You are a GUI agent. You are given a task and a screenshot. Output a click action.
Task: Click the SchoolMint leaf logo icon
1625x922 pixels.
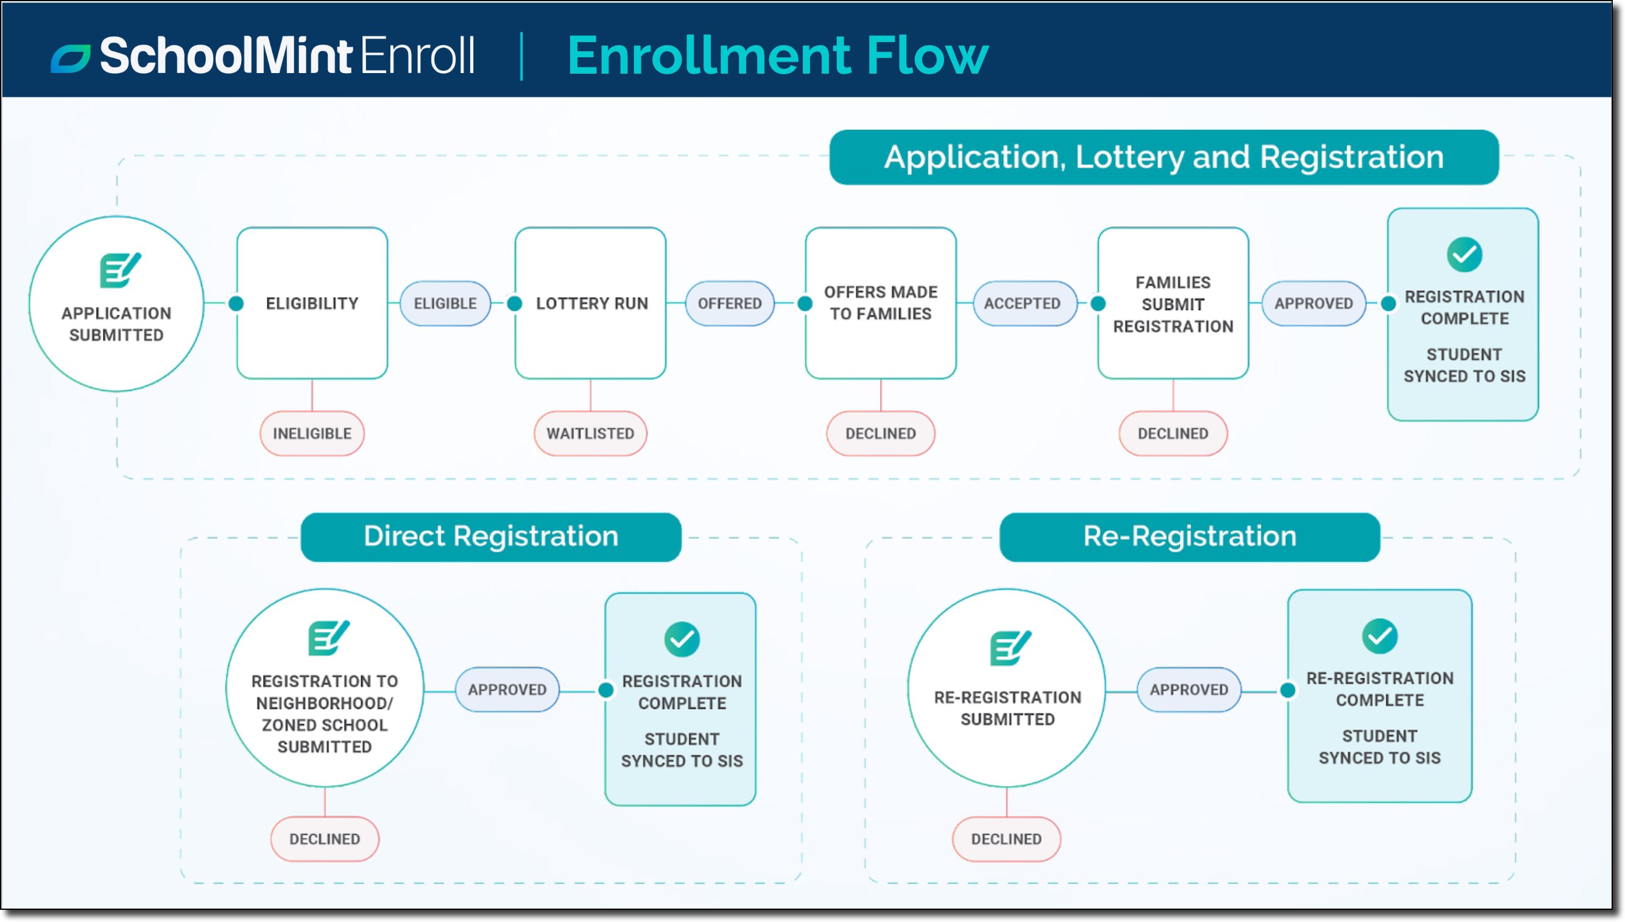(70, 58)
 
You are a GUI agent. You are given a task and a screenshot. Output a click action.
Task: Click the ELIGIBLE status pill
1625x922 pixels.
(445, 303)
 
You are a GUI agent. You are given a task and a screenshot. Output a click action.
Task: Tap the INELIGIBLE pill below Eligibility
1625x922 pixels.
(312, 433)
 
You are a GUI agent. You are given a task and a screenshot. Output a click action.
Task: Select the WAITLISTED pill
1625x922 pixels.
(590, 433)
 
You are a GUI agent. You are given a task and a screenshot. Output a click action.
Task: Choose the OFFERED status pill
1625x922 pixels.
(730, 303)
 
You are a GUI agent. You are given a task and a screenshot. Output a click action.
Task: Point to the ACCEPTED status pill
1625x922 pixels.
(1022, 303)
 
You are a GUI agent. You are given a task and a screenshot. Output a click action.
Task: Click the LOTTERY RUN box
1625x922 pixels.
(591, 303)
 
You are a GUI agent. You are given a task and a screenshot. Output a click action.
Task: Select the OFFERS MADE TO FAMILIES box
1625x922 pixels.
(880, 303)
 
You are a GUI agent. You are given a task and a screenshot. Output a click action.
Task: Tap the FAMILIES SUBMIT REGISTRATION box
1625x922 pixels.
(1173, 303)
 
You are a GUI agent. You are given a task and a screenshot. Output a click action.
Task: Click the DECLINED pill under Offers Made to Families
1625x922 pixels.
(880, 433)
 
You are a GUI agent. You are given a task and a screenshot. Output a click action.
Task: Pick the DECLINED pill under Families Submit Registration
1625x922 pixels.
(1173, 433)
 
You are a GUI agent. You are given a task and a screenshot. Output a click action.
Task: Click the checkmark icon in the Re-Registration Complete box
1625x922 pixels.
(1380, 636)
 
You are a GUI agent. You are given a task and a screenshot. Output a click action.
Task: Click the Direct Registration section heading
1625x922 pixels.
(491, 537)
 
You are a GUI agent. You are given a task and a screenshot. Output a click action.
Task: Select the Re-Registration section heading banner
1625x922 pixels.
(1190, 537)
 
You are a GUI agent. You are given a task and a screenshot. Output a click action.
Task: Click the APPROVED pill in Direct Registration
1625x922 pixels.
(507, 689)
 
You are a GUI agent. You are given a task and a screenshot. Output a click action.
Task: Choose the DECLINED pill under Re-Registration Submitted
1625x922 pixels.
(1006, 839)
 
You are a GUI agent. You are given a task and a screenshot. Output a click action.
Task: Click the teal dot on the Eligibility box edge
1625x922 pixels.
(236, 303)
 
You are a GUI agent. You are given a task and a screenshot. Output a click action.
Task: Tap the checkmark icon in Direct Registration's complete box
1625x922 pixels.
(682, 639)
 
